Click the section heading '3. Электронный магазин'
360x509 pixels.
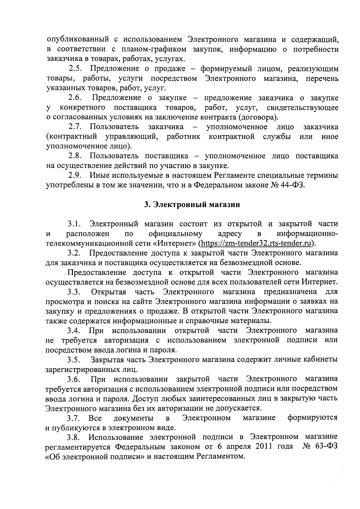click(x=192, y=205)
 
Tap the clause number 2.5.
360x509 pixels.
click(x=76, y=69)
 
